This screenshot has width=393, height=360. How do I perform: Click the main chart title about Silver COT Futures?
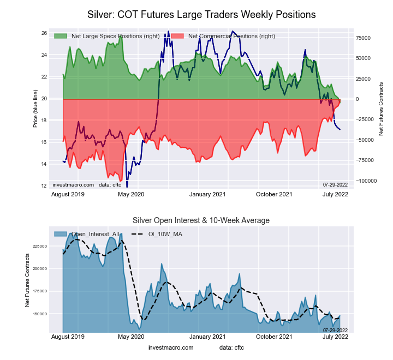[201, 14]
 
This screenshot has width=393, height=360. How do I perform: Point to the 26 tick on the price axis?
[44, 33]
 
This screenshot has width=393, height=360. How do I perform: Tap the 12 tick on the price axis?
[44, 186]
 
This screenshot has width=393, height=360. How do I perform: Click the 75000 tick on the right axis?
[364, 38]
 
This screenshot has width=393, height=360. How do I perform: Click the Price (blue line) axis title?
[35, 110]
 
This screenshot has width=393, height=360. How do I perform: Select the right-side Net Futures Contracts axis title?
[381, 109]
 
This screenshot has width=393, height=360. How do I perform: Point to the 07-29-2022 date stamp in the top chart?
[335, 185]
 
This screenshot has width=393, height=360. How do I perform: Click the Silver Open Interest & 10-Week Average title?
[201, 220]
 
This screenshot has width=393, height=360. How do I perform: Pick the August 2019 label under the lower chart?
[69, 337]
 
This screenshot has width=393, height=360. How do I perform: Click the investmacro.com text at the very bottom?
[171, 347]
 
